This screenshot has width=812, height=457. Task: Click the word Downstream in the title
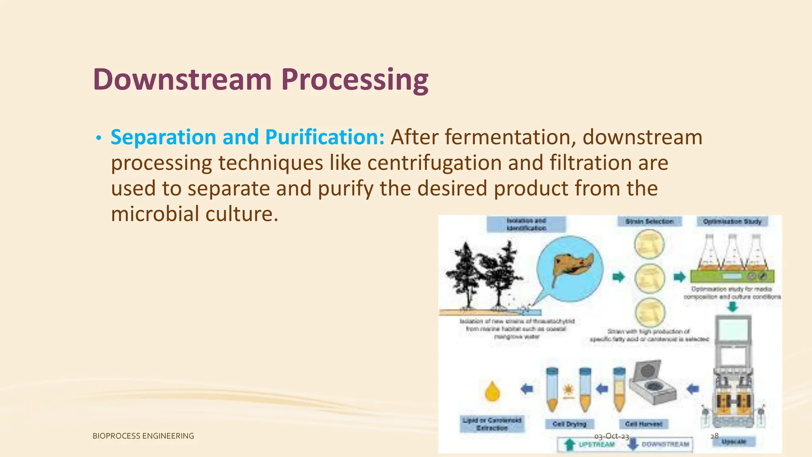coord(182,79)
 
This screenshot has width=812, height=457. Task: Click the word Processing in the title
coord(355,79)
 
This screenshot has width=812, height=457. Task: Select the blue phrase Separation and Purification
coord(247,137)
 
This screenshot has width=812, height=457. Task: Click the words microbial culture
coord(194,214)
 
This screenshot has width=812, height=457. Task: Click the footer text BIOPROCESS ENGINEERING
coord(143,436)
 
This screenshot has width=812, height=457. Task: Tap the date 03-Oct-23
coord(611,436)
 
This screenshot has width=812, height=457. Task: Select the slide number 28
coord(714,436)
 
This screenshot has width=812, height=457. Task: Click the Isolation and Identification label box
coord(526,224)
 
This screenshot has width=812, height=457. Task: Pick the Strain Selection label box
coord(649,221)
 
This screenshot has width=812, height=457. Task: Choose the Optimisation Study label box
coord(732,221)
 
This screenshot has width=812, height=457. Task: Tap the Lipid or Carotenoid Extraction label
coord(492,424)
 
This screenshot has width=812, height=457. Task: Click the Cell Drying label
coord(569,424)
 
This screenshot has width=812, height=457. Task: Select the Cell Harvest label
coord(644,424)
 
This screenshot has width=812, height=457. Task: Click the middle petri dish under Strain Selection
coord(649,278)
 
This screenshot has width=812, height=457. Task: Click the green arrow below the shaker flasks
coord(733,307)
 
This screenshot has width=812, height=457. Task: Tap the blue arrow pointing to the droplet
coord(527,389)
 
